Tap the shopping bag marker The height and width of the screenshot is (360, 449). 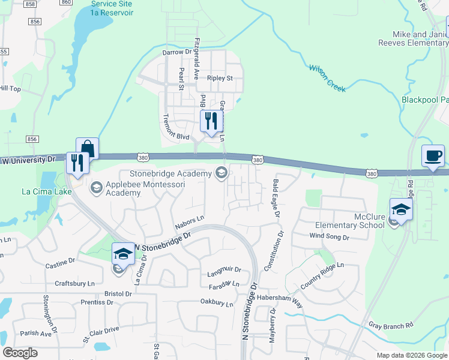click(x=87, y=149)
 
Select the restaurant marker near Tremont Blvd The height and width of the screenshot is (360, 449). click(x=209, y=122)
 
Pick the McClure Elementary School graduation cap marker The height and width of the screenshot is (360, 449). click(x=401, y=209)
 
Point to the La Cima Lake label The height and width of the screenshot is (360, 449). click(x=47, y=191)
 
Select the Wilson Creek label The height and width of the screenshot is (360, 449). click(x=327, y=78)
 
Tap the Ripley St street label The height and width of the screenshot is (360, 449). click(x=220, y=79)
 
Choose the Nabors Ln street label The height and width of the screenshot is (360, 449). click(x=190, y=222)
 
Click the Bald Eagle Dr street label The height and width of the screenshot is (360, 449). click(x=276, y=197)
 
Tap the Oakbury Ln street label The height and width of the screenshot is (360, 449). click(x=217, y=303)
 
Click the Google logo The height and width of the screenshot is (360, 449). click(x=20, y=353)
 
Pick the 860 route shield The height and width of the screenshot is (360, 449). click(x=66, y=2)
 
